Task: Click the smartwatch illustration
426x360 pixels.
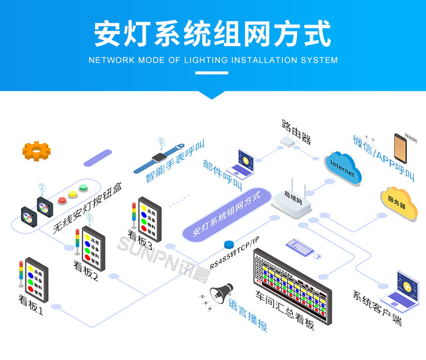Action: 159,158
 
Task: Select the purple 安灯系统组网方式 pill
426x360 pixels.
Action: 227,213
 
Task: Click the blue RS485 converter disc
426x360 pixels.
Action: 228,244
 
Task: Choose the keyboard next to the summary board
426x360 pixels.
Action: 300,246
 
